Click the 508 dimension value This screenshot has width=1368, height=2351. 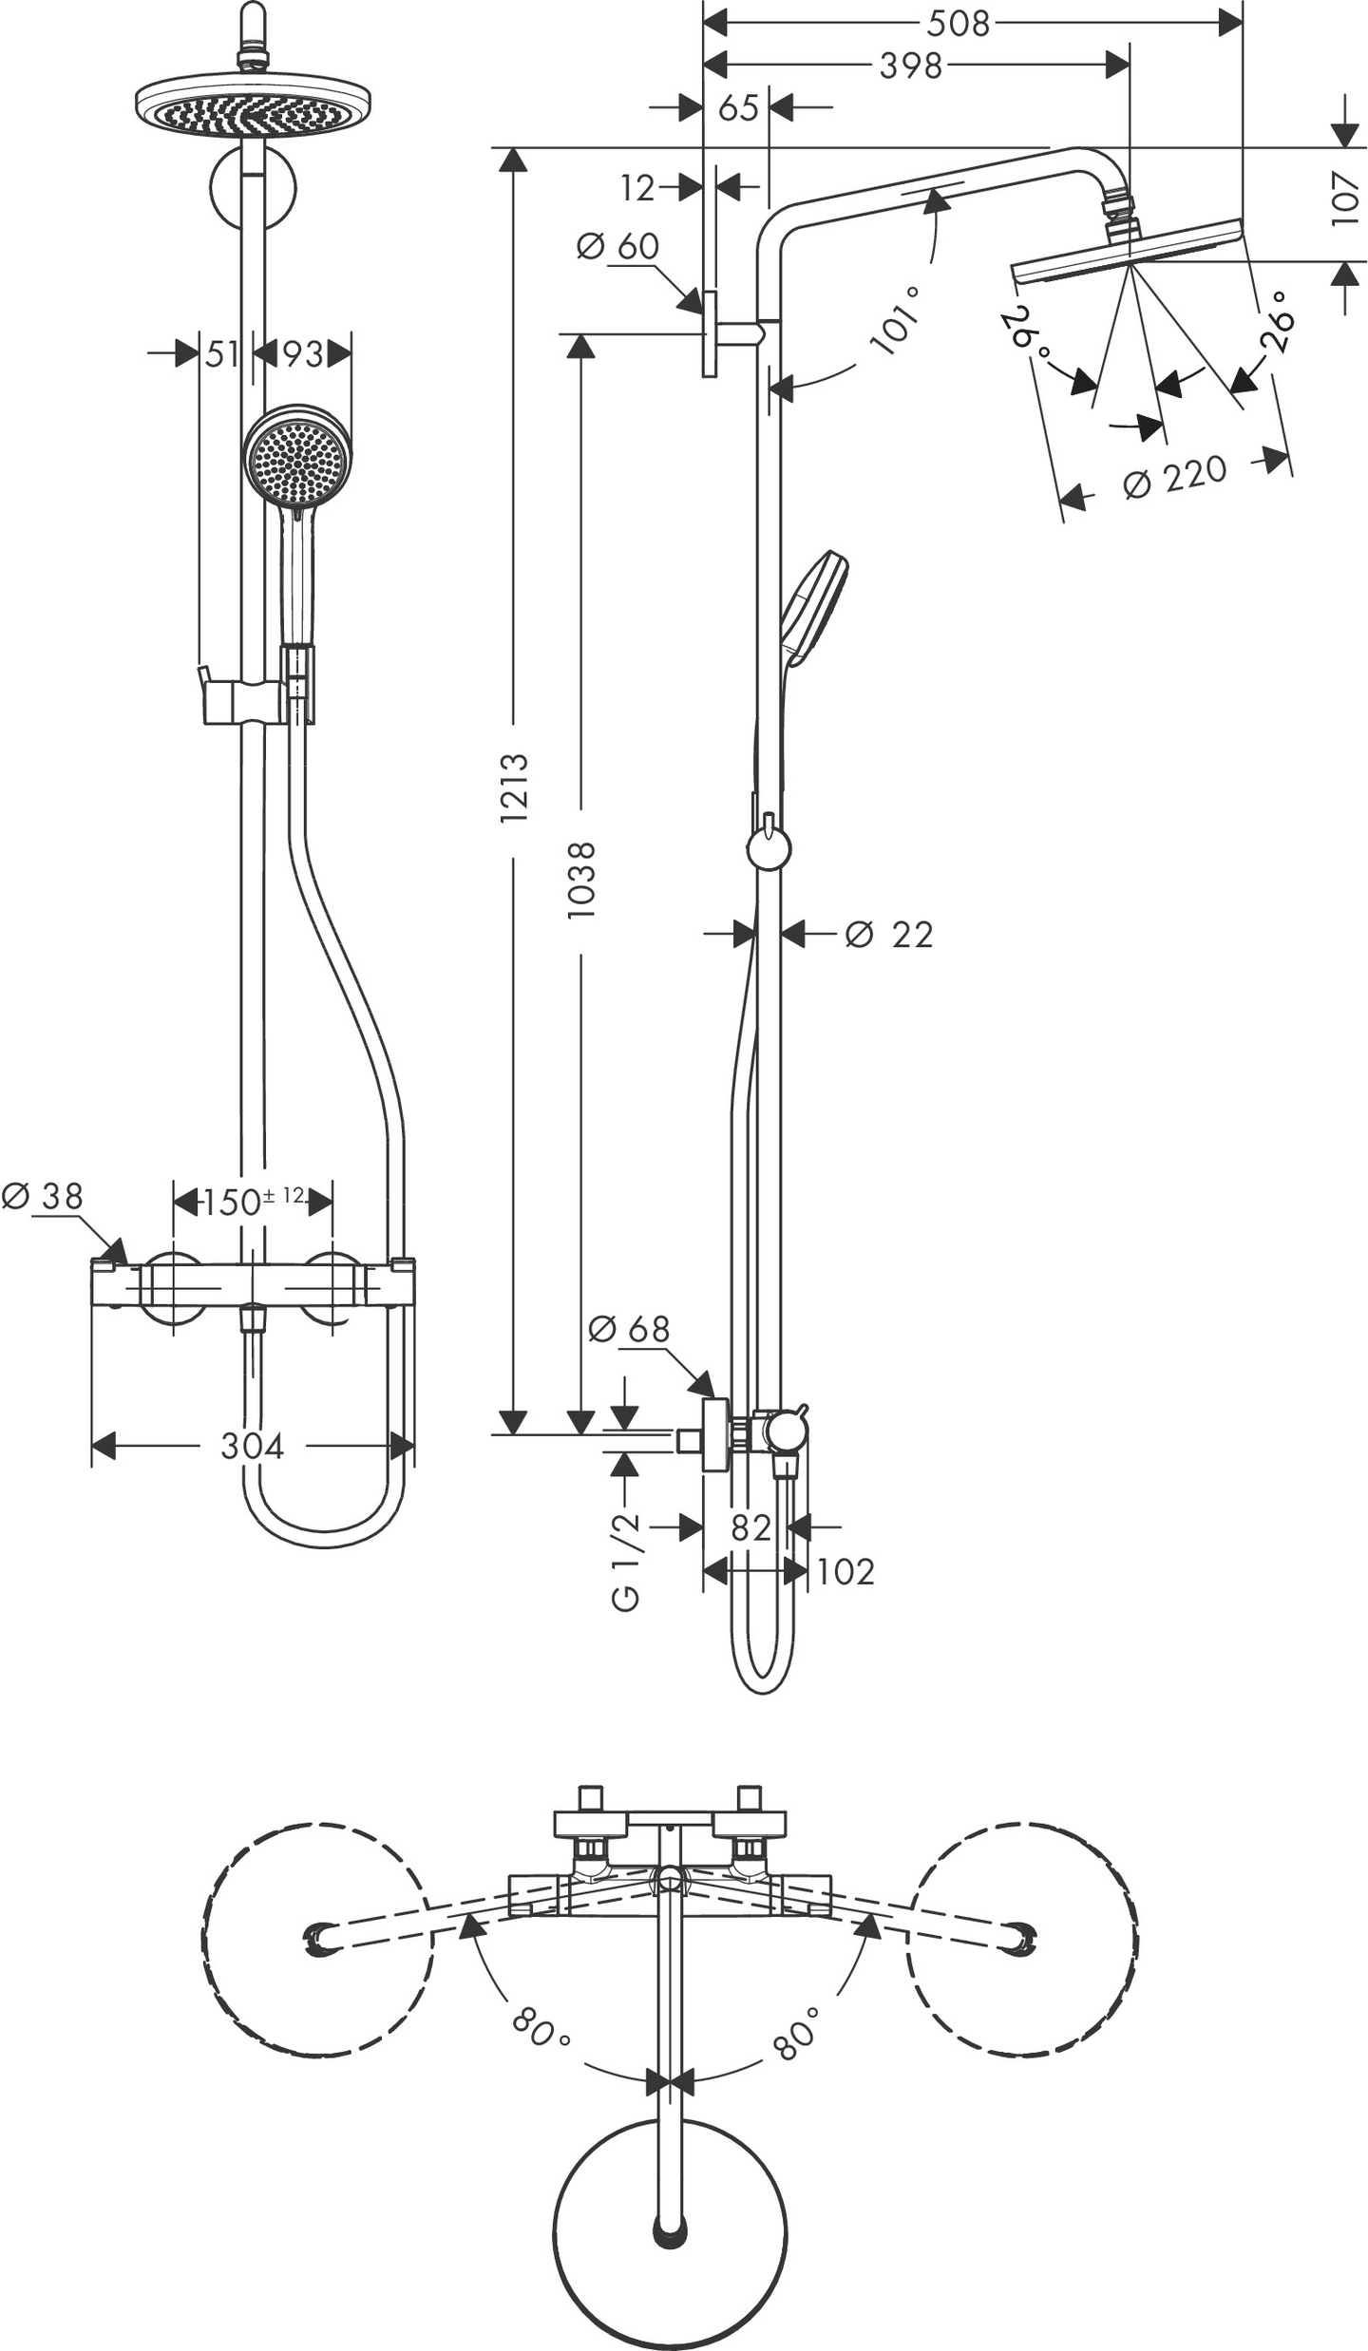(x=958, y=23)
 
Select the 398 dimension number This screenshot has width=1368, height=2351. (x=910, y=66)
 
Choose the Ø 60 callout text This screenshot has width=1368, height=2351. (x=617, y=246)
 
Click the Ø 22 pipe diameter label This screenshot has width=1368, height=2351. (x=889, y=935)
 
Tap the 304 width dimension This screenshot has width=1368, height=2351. (x=252, y=1447)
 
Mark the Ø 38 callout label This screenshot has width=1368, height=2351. (x=43, y=1196)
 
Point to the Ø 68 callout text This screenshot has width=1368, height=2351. (x=629, y=1329)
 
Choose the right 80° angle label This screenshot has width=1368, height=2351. (x=796, y=2032)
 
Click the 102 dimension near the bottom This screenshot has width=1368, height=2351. (x=845, y=1572)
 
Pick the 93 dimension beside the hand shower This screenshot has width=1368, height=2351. (x=304, y=354)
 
